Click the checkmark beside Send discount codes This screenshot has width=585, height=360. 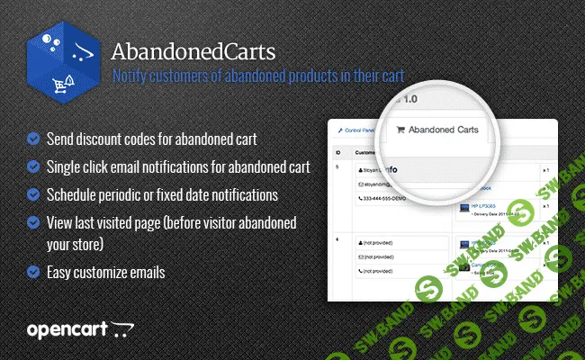tap(33, 139)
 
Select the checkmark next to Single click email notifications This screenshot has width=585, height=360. tap(33, 166)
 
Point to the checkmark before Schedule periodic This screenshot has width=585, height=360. tap(33, 194)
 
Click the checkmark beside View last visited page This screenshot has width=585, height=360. tap(33, 222)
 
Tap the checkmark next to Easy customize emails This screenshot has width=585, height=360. tap(33, 271)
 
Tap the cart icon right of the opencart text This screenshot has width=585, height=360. tap(122, 331)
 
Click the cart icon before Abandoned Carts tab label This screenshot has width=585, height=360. tap(400, 131)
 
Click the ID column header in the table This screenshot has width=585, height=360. tap(337, 153)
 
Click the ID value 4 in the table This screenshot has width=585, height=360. tap(337, 240)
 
